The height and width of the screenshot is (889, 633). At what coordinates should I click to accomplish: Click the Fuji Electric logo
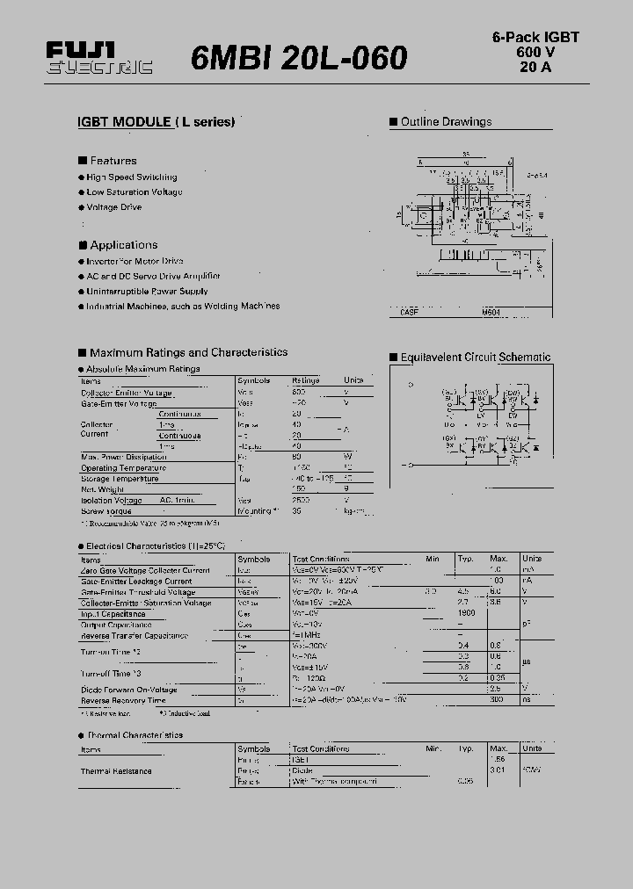point(98,58)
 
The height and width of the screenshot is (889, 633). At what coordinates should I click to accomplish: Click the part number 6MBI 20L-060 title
point(299,58)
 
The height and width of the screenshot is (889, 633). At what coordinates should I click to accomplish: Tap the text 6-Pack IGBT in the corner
point(535,37)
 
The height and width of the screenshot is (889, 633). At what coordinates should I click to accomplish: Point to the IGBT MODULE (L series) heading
point(156,122)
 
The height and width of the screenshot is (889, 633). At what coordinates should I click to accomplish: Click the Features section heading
point(113,161)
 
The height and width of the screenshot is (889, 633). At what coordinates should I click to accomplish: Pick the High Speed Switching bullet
point(131,177)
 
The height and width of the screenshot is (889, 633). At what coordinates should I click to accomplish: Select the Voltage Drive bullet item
point(113,207)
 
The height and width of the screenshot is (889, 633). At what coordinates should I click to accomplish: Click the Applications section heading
point(123,245)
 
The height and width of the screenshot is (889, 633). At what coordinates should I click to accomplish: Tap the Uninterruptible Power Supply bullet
point(147,291)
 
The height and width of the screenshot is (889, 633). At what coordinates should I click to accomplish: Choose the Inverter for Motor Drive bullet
point(135,261)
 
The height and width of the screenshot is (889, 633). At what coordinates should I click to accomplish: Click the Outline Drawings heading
point(446,122)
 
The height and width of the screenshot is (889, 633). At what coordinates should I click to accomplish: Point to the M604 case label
point(491,312)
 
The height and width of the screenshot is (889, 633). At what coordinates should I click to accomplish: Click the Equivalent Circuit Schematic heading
point(475,358)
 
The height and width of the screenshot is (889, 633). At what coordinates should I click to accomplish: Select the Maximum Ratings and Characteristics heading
point(188,352)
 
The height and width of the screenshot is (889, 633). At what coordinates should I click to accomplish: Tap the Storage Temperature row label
point(120,479)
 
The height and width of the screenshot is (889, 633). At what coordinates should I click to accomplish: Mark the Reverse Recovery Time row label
point(123,700)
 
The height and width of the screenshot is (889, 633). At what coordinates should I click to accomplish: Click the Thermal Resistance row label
point(116,771)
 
